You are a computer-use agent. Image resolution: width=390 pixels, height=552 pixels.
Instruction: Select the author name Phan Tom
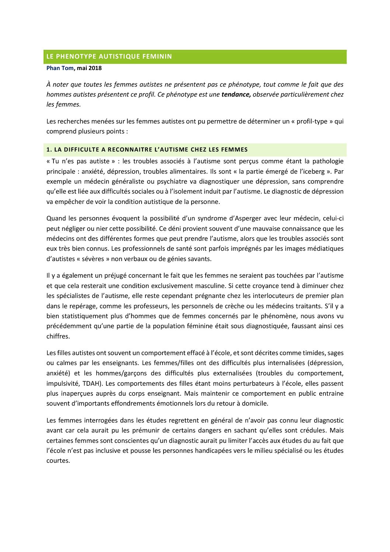coord(60,68)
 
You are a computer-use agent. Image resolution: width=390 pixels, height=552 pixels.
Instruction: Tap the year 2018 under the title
coord(95,68)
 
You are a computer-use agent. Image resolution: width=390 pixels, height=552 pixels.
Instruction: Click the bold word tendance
coord(236,94)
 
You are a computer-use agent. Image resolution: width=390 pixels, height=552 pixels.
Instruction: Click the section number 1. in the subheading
coord(49,150)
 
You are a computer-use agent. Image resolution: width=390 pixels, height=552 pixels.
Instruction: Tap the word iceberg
coord(313,171)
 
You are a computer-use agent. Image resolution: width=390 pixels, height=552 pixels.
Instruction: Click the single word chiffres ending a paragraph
coord(58,336)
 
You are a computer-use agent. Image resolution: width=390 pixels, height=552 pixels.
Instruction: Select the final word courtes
coord(58,461)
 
